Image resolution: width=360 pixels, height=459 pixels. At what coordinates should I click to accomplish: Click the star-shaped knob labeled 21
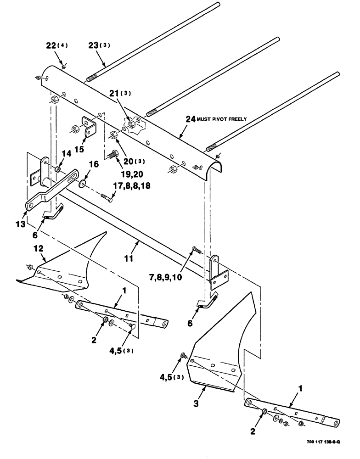pos(131,112)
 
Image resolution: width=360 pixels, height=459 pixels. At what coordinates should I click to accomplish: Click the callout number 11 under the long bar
pos(129,259)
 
